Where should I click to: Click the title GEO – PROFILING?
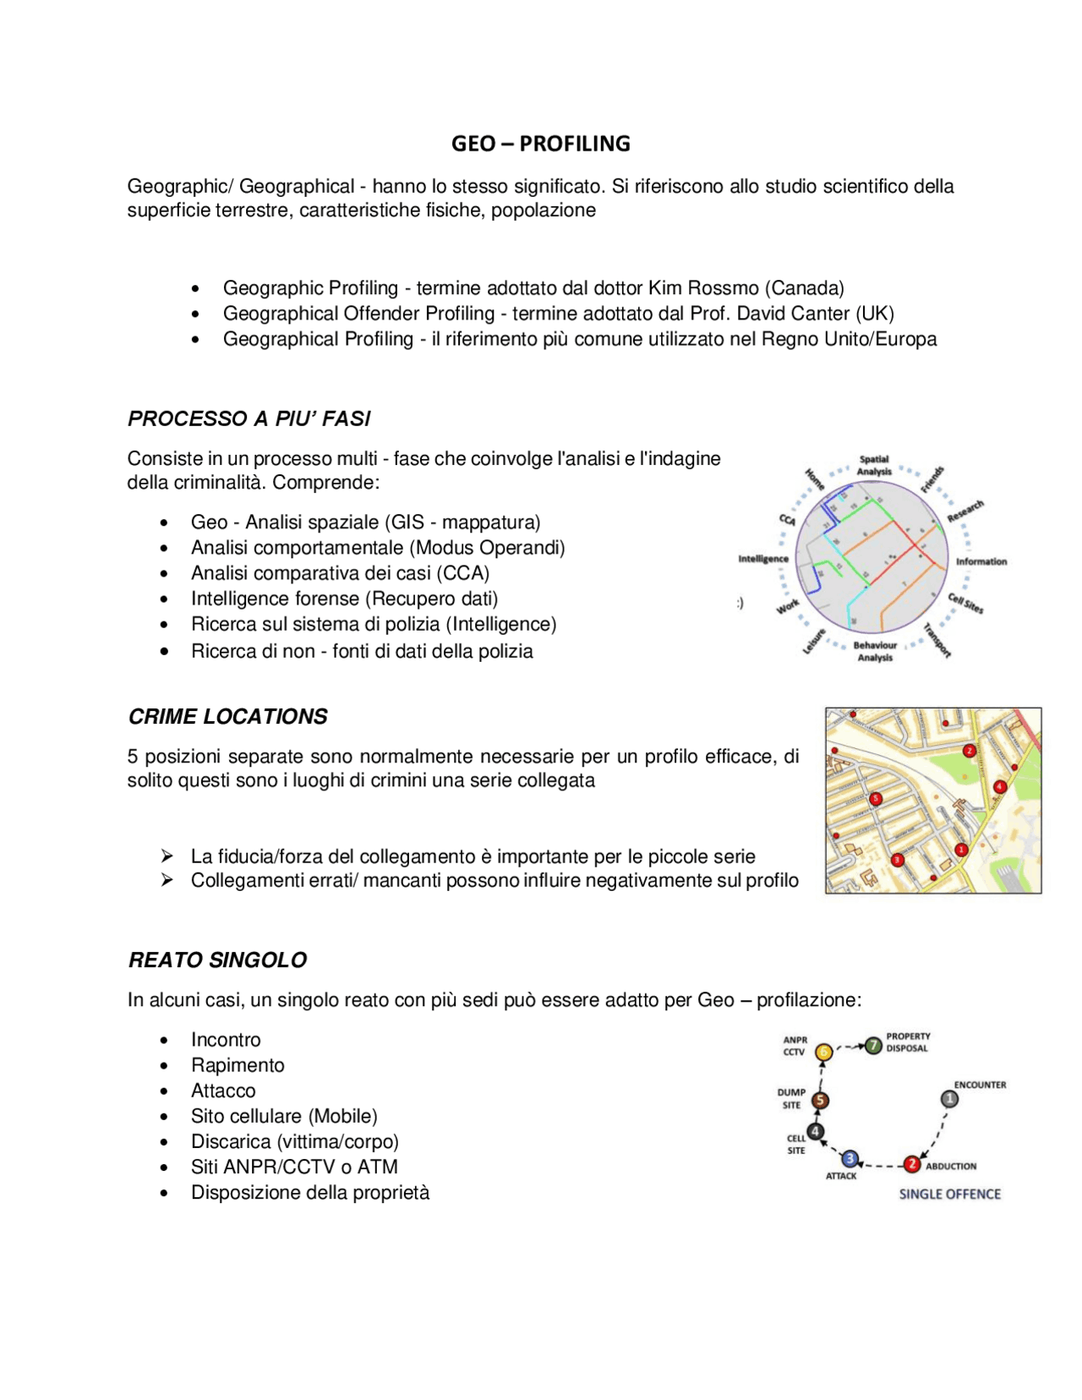tap(540, 144)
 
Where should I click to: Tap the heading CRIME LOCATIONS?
tap(227, 717)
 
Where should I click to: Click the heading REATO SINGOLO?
tap(217, 960)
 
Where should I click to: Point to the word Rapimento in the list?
tap(238, 1065)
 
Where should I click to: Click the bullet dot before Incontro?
tap(164, 1041)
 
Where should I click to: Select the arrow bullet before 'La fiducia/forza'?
tap(167, 856)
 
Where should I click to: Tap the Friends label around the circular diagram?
tap(932, 479)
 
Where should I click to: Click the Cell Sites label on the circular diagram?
tap(965, 604)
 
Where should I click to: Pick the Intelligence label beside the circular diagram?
tap(762, 559)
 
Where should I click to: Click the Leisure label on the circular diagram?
tap(813, 642)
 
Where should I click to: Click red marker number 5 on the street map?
tap(876, 799)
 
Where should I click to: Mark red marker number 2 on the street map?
tap(970, 751)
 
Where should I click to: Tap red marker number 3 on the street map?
tap(898, 860)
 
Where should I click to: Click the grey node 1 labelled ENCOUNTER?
tap(949, 1099)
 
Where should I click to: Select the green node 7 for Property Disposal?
tap(873, 1047)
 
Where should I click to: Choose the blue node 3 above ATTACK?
tap(850, 1159)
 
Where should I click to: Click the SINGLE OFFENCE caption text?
tap(949, 1195)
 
